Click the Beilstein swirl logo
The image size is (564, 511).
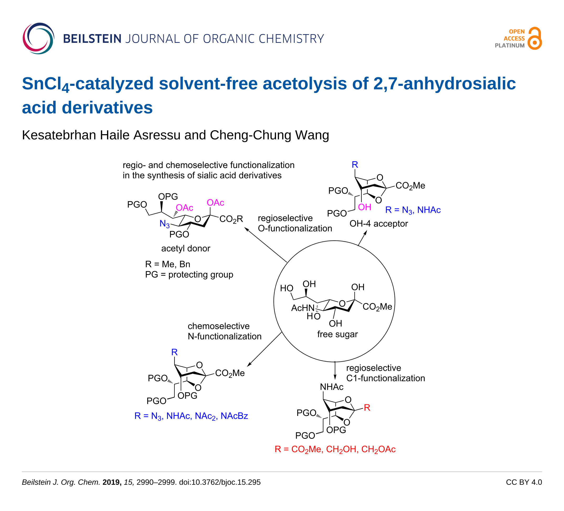tap(39, 38)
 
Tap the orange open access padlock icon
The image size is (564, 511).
tap(535, 38)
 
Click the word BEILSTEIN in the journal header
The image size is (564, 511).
tap(92, 39)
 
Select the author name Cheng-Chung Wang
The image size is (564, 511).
tap(269, 135)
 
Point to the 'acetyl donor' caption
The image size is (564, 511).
tap(186, 249)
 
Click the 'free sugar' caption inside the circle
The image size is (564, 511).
tap(337, 334)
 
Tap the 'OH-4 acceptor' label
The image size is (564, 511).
tap(379, 224)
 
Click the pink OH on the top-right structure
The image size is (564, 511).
tap(365, 207)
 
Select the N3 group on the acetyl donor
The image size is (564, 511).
tap(164, 224)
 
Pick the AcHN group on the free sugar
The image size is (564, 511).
tap(303, 308)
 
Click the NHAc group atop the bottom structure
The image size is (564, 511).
tap(332, 387)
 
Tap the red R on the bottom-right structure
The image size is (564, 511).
tap(367, 408)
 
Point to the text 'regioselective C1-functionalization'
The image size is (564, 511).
tap(386, 373)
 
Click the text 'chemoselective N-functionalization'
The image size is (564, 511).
tap(225, 331)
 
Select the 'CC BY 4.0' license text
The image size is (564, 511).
tap(524, 482)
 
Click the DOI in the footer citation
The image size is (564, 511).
tap(220, 482)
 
